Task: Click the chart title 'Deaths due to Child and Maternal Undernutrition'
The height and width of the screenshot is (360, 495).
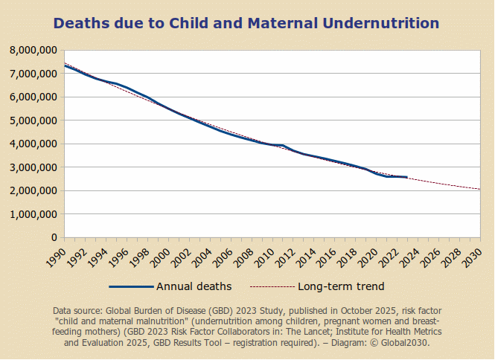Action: pyautogui.click(x=246, y=23)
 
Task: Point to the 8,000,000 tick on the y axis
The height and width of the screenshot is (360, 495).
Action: pyautogui.click(x=31, y=51)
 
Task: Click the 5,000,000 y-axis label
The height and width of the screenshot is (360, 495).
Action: pyautogui.click(x=31, y=120)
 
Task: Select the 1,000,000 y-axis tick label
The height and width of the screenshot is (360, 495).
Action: pyautogui.click(x=31, y=214)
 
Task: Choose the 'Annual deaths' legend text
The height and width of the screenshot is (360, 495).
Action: pyautogui.click(x=194, y=286)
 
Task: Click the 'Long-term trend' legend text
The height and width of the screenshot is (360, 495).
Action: pyautogui.click(x=341, y=286)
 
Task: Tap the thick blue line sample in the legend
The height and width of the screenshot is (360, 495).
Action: pyautogui.click(x=130, y=286)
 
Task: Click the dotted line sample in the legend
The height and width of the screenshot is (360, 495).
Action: pyautogui.click(x=272, y=286)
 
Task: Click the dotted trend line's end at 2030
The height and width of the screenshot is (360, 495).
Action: pyautogui.click(x=479, y=189)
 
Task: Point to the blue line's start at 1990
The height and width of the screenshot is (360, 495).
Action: pyautogui.click(x=65, y=65)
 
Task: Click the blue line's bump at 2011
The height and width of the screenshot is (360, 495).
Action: pyautogui.click(x=282, y=145)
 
